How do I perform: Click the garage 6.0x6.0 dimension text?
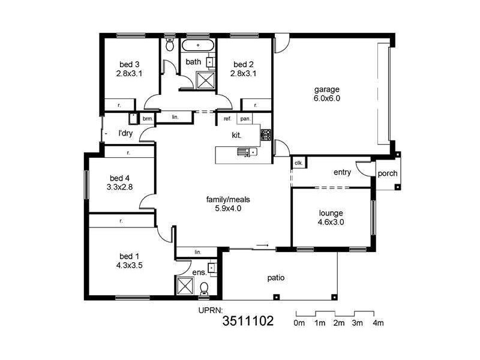[326, 99]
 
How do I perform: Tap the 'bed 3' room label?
[129, 65]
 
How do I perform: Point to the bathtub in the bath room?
[199, 46]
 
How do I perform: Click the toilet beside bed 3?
[169, 45]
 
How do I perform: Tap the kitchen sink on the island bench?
[247, 152]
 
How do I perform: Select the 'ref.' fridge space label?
[227, 119]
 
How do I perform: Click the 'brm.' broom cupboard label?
[148, 119]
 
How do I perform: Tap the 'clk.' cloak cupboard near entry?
[298, 163]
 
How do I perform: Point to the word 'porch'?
[387, 174]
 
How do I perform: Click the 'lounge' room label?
[331, 212]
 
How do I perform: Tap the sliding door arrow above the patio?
[262, 245]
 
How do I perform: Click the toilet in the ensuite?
[203, 289]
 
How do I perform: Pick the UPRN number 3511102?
[247, 321]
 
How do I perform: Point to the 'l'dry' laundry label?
[125, 133]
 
